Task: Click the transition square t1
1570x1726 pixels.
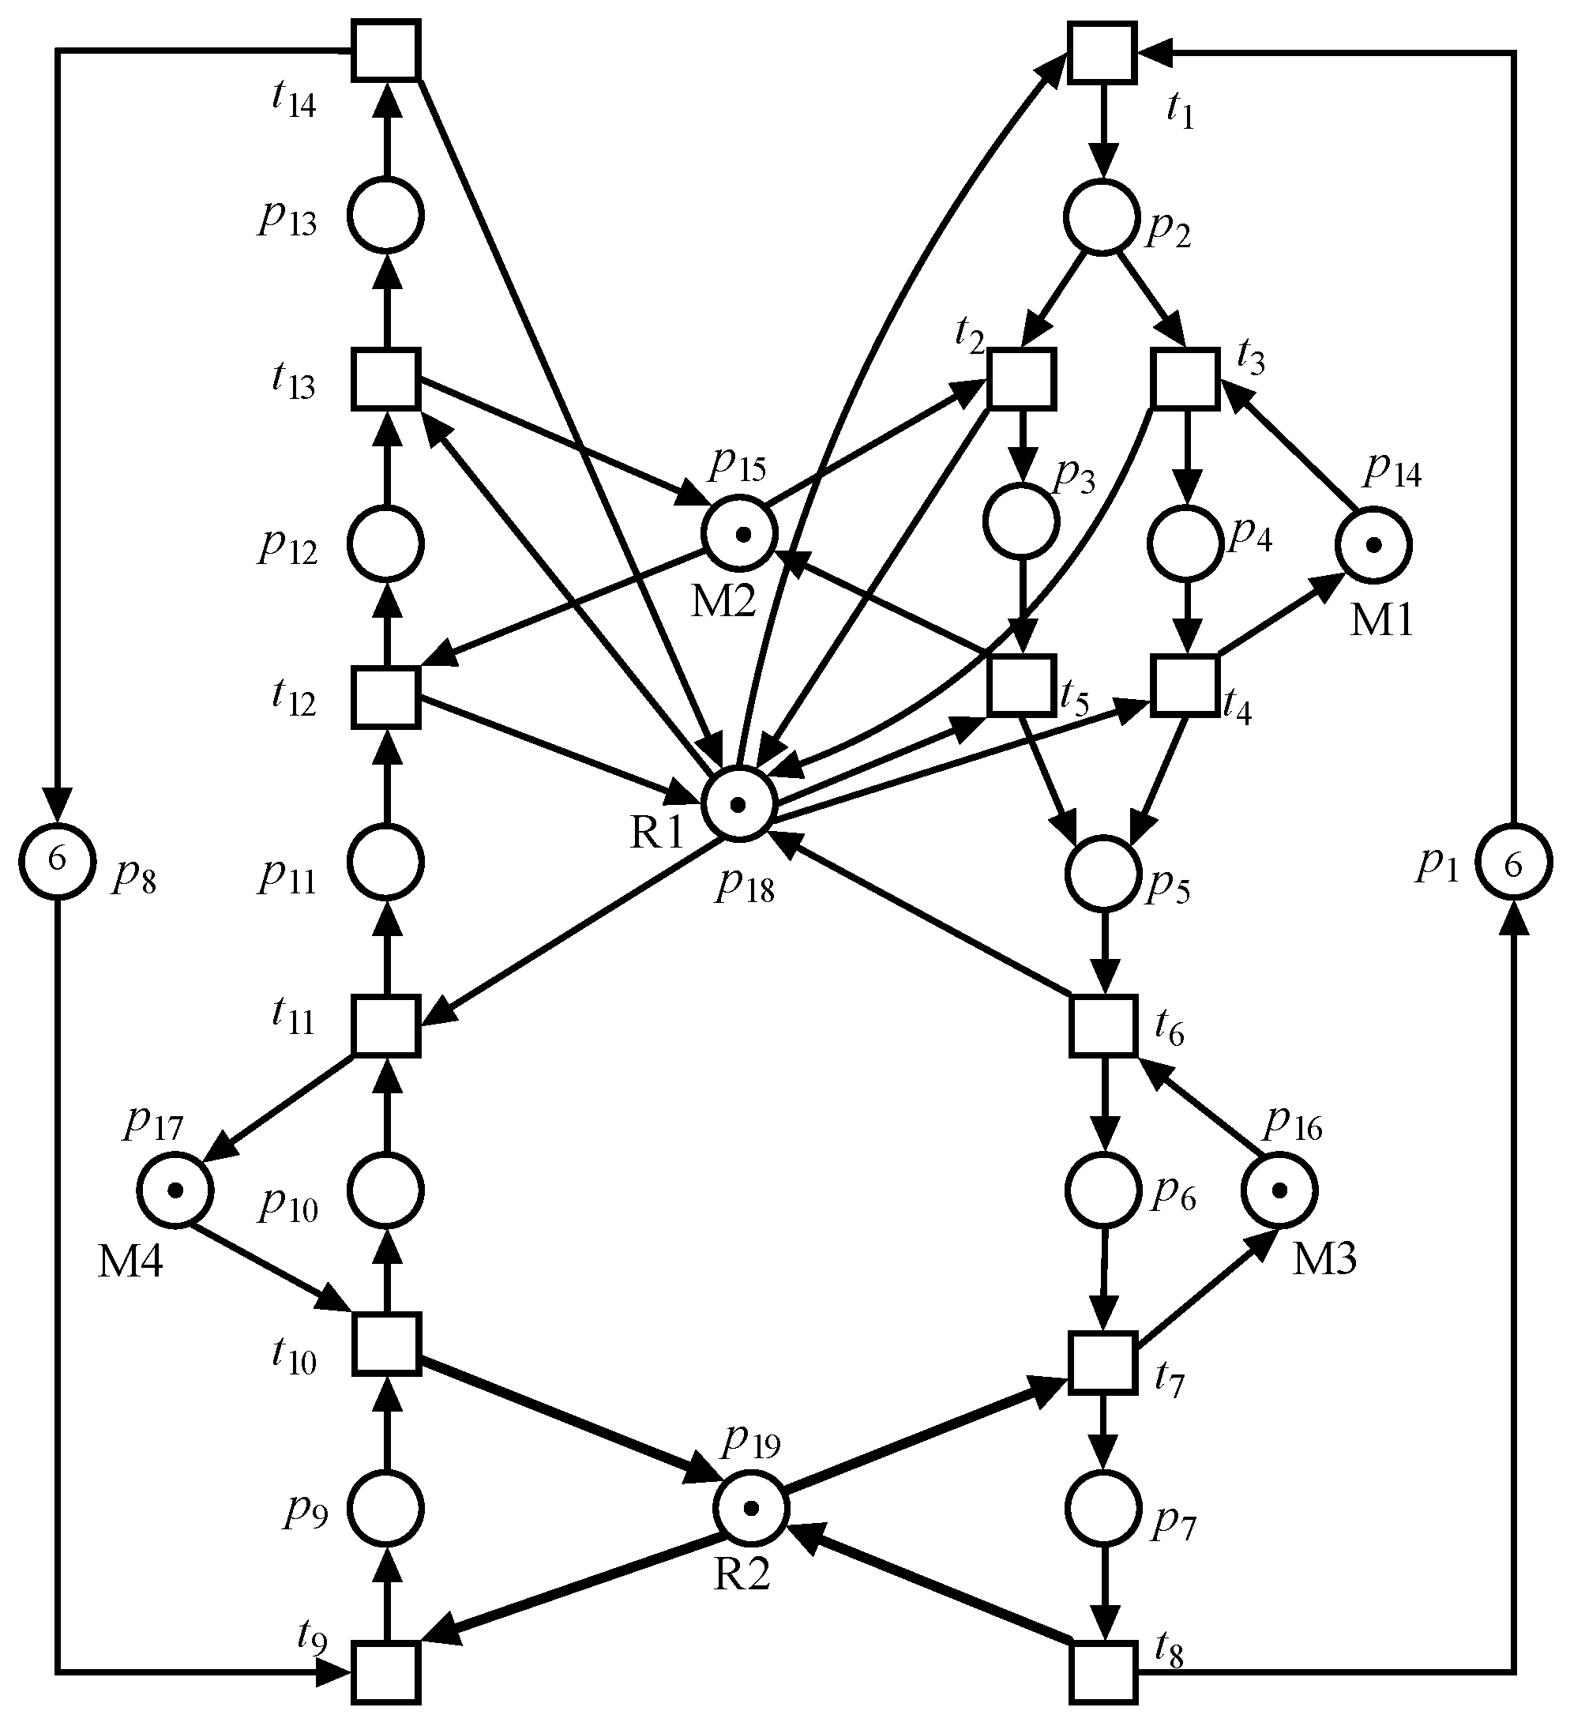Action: [x=1102, y=52]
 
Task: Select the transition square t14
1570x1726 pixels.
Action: [x=386, y=50]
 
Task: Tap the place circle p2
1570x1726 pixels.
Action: [x=1102, y=217]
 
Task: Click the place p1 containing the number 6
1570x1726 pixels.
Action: [x=1513, y=865]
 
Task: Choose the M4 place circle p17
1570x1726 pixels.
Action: [x=175, y=1190]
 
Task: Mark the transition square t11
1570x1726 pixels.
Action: [x=386, y=1025]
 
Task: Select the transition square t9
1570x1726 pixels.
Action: [x=386, y=1672]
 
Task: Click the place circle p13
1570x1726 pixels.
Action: [x=386, y=216]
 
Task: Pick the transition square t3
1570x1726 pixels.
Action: [x=1185, y=378]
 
